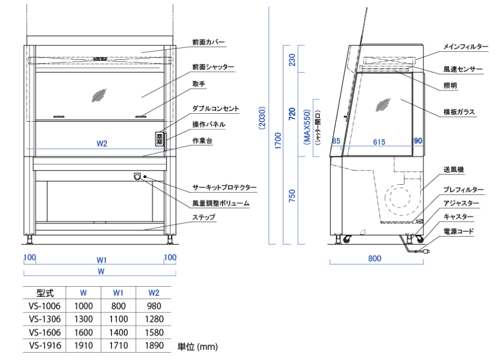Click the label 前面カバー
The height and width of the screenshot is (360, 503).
(x=209, y=42)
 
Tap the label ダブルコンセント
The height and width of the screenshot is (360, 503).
(x=215, y=109)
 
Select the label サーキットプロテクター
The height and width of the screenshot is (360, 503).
(x=225, y=187)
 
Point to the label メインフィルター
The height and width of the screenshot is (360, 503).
(x=466, y=47)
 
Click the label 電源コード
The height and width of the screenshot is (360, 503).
(x=459, y=231)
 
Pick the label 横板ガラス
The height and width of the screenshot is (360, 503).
(x=459, y=112)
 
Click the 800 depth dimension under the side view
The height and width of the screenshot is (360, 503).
(x=375, y=259)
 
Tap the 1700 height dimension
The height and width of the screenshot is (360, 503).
(x=278, y=141)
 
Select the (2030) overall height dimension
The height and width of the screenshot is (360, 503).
(x=263, y=118)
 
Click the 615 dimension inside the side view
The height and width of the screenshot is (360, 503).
(x=379, y=142)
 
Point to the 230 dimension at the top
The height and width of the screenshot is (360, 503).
(x=292, y=60)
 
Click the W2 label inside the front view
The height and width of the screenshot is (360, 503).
(x=102, y=144)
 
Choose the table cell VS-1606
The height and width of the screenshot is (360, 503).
(x=44, y=332)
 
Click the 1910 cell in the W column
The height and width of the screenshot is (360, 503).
(x=84, y=346)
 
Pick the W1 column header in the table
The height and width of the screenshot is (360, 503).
(x=118, y=293)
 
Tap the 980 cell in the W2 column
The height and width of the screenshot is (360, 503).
(x=154, y=306)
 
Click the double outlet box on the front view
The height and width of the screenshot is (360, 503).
(x=159, y=139)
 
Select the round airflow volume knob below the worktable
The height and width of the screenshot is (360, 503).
(x=138, y=176)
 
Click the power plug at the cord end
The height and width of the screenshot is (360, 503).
(x=425, y=252)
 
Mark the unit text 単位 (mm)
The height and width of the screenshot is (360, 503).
(x=198, y=346)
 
